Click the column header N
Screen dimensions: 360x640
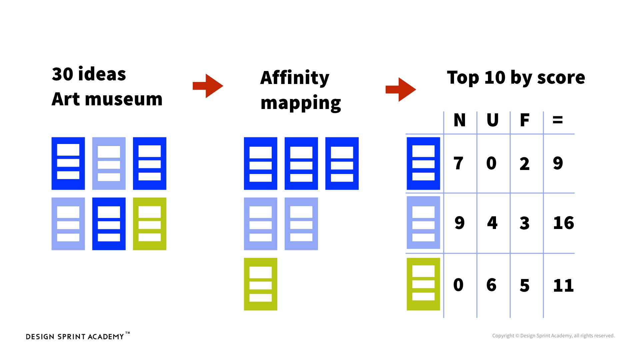[x=459, y=120]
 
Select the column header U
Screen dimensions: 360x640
[x=492, y=120]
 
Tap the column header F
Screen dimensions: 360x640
[x=524, y=120]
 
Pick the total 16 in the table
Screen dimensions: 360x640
[x=563, y=223]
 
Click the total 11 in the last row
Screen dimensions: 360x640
[x=563, y=286]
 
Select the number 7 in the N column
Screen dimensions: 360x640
[x=458, y=164]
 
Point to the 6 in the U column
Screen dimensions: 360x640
[x=491, y=285]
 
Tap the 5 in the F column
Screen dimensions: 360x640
[x=524, y=286]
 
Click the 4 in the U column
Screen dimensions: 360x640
[x=492, y=223]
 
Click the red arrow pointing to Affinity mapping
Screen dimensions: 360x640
[x=208, y=86]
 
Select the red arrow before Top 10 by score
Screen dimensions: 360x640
[x=401, y=89]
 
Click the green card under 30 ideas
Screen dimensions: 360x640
[x=149, y=224]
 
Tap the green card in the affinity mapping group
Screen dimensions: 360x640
[x=260, y=284]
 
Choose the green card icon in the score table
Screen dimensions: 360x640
[x=423, y=284]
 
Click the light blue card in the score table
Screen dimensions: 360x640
[x=423, y=223]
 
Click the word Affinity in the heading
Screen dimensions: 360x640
[x=295, y=78]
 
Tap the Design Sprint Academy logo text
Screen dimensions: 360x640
[x=75, y=337]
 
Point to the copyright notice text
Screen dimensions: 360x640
[x=553, y=336]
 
